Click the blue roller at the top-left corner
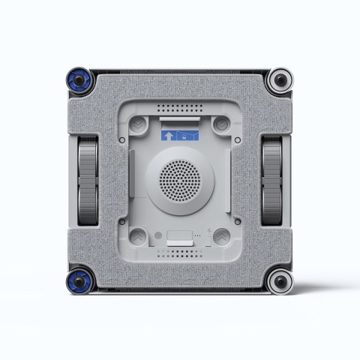(80, 79)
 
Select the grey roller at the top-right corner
(280, 78)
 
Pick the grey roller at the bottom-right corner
(280, 282)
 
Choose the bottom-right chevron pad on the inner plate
(220, 236)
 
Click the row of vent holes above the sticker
(180, 106)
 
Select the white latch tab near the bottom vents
(179, 235)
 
